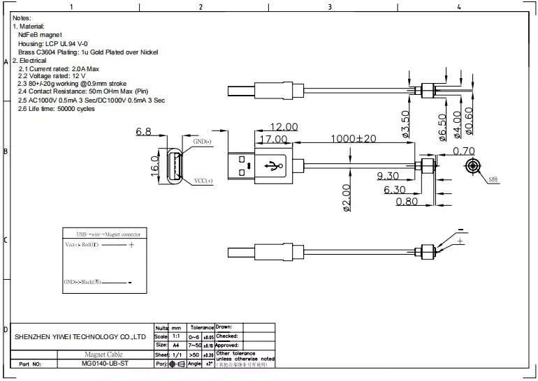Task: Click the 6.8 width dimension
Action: (x=144, y=131)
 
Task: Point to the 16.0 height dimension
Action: (x=155, y=167)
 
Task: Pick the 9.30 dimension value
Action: (x=388, y=176)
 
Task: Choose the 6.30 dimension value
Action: (x=394, y=189)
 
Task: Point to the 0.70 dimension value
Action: (x=464, y=150)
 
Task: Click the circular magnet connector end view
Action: (x=474, y=167)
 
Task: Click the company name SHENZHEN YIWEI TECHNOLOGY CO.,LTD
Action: (x=80, y=337)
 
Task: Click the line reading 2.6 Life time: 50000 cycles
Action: (x=56, y=110)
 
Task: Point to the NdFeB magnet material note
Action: (x=41, y=34)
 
